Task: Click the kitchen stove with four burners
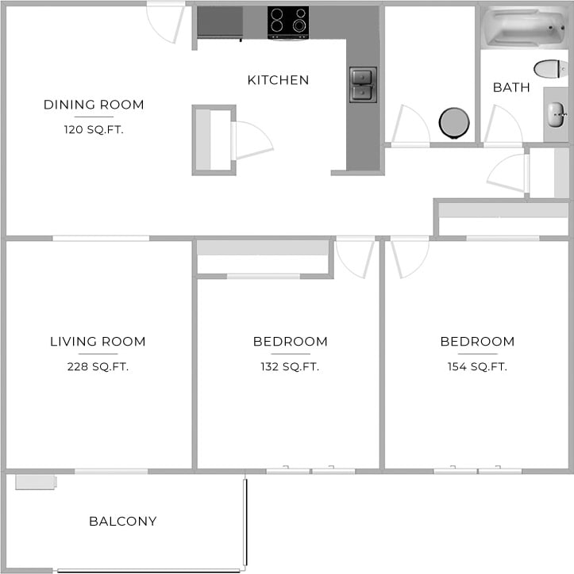coord(287,22)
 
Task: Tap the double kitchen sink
coord(363,85)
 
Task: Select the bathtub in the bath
coord(523,27)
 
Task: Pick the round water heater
coord(454,123)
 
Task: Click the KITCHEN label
coord(278,80)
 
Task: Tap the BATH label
coord(511,87)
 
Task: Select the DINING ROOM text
coord(94,105)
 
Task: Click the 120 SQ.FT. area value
coord(94,129)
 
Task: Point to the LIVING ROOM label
coord(98,342)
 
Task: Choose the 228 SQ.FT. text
coord(98,366)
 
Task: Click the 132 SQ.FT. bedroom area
coord(290,366)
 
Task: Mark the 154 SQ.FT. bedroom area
coord(477,366)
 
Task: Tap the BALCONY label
coord(122,521)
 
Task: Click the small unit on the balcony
coord(35,481)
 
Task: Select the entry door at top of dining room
coord(167,23)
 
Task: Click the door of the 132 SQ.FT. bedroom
coord(353,258)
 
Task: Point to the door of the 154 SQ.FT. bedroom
coord(410,258)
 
